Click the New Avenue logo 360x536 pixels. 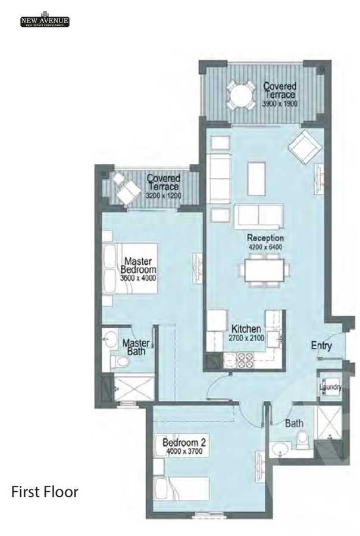point(45,21)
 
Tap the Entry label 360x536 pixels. point(321,346)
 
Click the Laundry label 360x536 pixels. point(330,388)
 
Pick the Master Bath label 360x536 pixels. point(136,347)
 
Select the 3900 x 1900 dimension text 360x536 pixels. point(280,103)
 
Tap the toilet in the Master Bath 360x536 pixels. point(120,361)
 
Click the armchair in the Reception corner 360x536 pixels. point(303,145)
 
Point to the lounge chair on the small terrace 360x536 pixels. point(127,191)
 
